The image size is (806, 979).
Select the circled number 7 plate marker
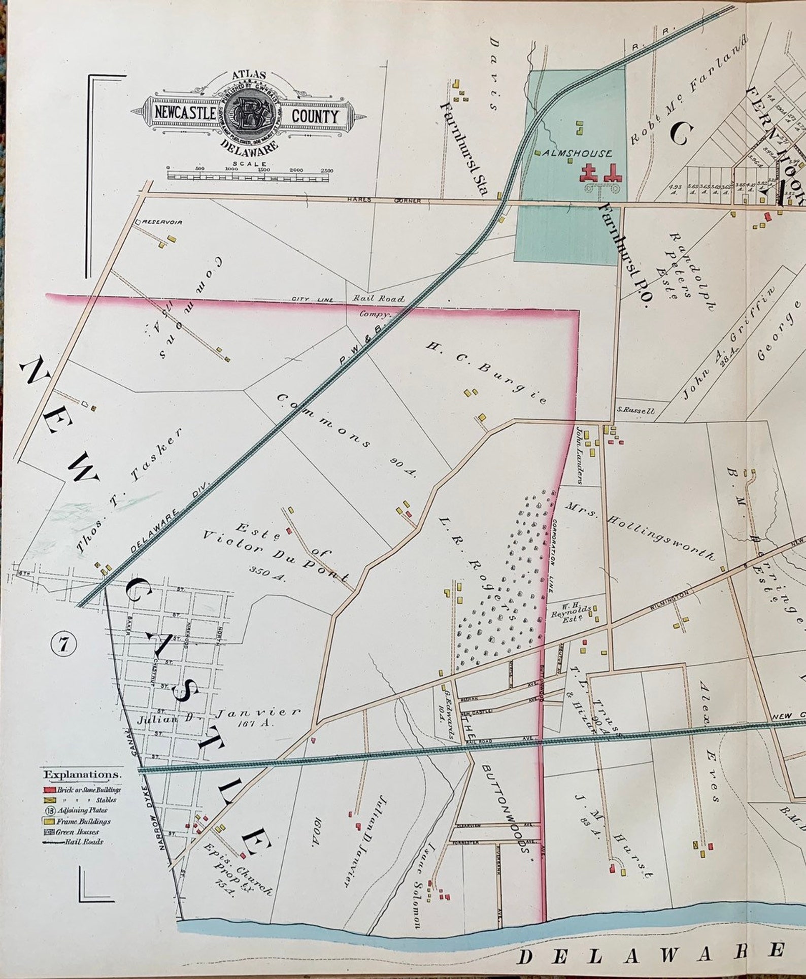[63, 645]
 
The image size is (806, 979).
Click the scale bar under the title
[248, 177]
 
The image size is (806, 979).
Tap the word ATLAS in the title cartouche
[249, 75]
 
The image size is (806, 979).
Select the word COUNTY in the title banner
[314, 117]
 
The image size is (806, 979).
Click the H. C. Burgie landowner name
[486, 373]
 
